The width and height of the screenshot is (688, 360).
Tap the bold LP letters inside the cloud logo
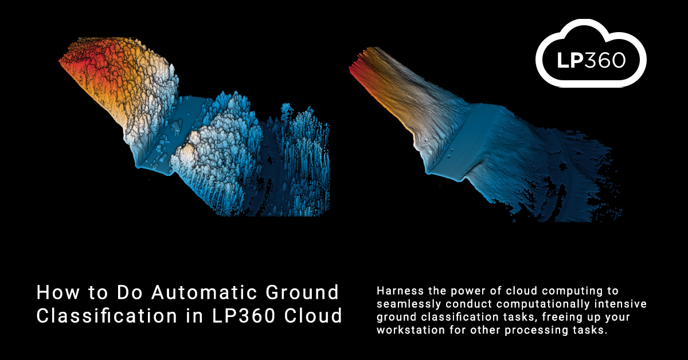(x=570, y=60)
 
